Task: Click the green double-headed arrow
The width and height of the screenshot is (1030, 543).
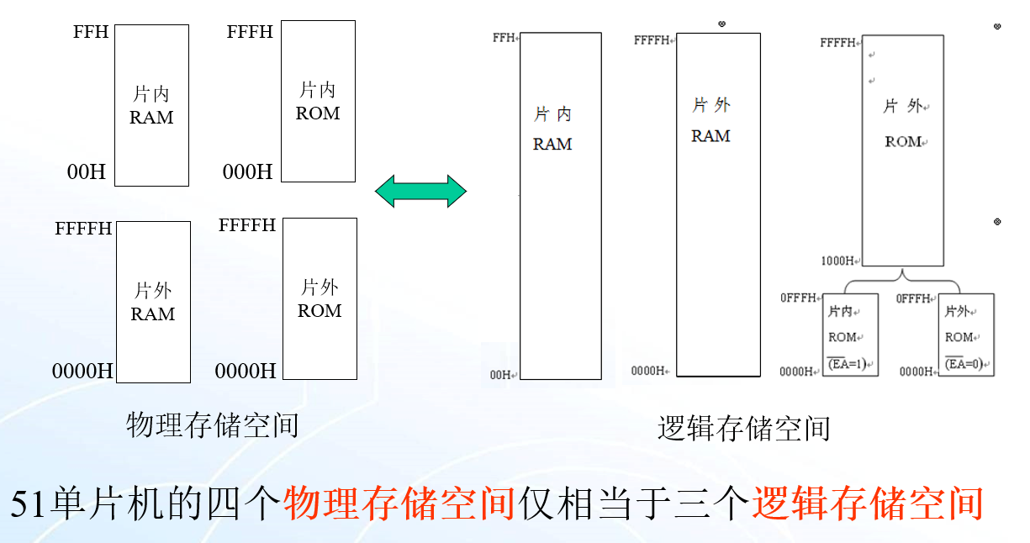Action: pos(420,191)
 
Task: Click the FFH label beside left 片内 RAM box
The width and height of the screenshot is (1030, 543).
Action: pos(91,32)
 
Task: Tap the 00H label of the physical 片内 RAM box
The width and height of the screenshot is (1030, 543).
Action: pos(87,172)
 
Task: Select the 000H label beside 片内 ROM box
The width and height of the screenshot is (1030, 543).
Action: pos(247,172)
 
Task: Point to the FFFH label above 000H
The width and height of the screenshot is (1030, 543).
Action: pos(250,32)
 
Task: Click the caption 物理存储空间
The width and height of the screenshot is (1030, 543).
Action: pos(213,425)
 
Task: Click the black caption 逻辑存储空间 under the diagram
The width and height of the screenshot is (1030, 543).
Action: pos(743,429)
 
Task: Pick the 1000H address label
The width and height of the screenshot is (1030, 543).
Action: pos(838,261)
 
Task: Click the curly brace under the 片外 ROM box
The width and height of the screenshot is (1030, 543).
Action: pos(902,278)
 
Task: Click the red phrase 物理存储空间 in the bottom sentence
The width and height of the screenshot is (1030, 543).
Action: pos(399,503)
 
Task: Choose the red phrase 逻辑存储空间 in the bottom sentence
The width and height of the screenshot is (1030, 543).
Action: pos(867,503)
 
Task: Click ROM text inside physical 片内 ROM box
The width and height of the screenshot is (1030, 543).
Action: pos(318,113)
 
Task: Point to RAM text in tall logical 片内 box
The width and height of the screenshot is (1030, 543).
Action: pos(552,145)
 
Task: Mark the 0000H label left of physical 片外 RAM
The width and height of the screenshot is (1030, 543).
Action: pos(82,371)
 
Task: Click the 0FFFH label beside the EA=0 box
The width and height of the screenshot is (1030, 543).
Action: pos(913,298)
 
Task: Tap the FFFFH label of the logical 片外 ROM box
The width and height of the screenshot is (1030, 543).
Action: pos(838,42)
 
